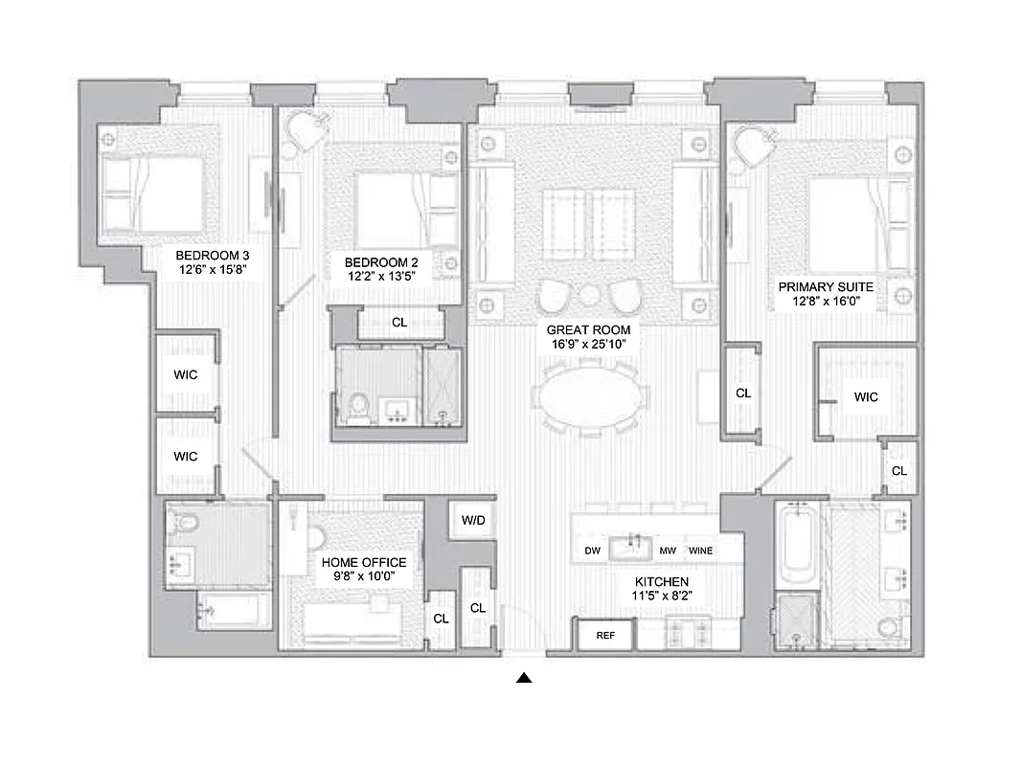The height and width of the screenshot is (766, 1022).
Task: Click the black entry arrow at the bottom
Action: coord(524,679)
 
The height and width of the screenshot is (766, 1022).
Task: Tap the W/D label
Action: coord(473,521)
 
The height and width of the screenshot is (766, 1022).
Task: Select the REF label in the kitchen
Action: coord(605,635)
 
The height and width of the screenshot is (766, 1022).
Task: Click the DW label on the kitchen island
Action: coord(592,551)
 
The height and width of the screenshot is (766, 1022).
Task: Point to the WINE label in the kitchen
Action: coord(700,551)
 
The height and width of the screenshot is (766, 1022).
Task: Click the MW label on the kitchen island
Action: coord(668,551)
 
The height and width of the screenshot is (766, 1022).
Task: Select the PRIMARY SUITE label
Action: coord(826,286)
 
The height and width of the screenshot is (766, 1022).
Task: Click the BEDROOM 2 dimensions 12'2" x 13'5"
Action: coord(382,278)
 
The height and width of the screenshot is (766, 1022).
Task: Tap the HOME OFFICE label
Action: coord(364,563)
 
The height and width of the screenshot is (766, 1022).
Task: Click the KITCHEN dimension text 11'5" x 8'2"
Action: coord(662,596)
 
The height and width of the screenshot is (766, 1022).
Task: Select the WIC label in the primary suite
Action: coord(866,396)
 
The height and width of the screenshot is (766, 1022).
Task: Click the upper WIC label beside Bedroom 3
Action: coord(186,374)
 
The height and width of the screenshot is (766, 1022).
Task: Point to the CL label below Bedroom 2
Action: coord(399,323)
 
